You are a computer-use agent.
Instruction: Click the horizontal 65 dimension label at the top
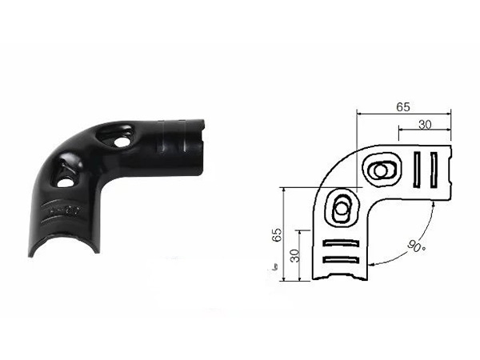click(x=403, y=107)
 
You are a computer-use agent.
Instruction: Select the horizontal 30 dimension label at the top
click(x=425, y=125)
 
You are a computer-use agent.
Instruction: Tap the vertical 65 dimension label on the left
click(x=277, y=234)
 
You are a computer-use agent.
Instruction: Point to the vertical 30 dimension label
click(x=294, y=256)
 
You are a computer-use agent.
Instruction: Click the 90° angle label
click(x=416, y=246)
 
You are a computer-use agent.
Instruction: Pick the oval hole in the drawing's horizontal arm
click(x=381, y=170)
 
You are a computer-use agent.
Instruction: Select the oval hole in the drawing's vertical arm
click(x=341, y=209)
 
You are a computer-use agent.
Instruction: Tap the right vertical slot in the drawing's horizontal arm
click(x=434, y=170)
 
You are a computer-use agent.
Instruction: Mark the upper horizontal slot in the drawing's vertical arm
click(x=341, y=243)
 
